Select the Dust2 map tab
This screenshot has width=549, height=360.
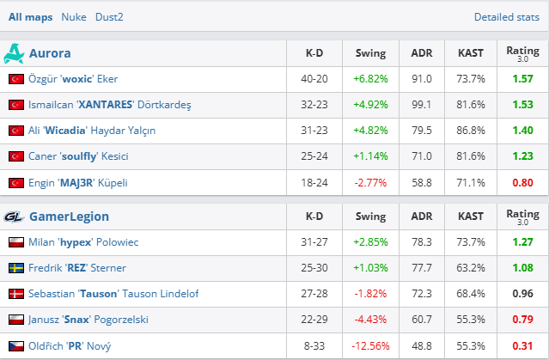pyautogui.click(x=107, y=16)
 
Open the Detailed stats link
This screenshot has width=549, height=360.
pyautogui.click(x=510, y=16)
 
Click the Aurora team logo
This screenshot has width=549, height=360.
pyautogui.click(x=15, y=53)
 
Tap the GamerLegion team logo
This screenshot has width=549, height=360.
pyautogui.click(x=15, y=217)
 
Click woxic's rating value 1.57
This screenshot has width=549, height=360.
pyautogui.click(x=522, y=79)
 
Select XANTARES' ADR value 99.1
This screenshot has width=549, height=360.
pyautogui.click(x=422, y=105)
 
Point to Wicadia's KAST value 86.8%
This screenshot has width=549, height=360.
pyautogui.click(x=471, y=131)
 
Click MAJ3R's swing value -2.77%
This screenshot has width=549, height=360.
pyautogui.click(x=370, y=182)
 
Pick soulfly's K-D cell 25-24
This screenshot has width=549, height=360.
pyautogui.click(x=314, y=156)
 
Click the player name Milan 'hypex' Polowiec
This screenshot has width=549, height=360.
pyautogui.click(x=83, y=242)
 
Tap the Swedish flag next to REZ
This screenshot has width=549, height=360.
pyautogui.click(x=15, y=268)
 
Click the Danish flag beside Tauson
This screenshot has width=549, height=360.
pyautogui.click(x=15, y=294)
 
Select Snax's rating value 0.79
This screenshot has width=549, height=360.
pyautogui.click(x=522, y=320)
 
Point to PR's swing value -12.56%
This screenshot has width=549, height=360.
pyautogui.click(x=370, y=345)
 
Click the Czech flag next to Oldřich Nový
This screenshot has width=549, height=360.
pyautogui.click(x=15, y=345)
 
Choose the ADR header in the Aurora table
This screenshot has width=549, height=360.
pyautogui.click(x=422, y=53)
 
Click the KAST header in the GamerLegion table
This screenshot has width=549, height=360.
pyautogui.click(x=471, y=217)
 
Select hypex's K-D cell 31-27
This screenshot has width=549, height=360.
pyautogui.click(x=314, y=242)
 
